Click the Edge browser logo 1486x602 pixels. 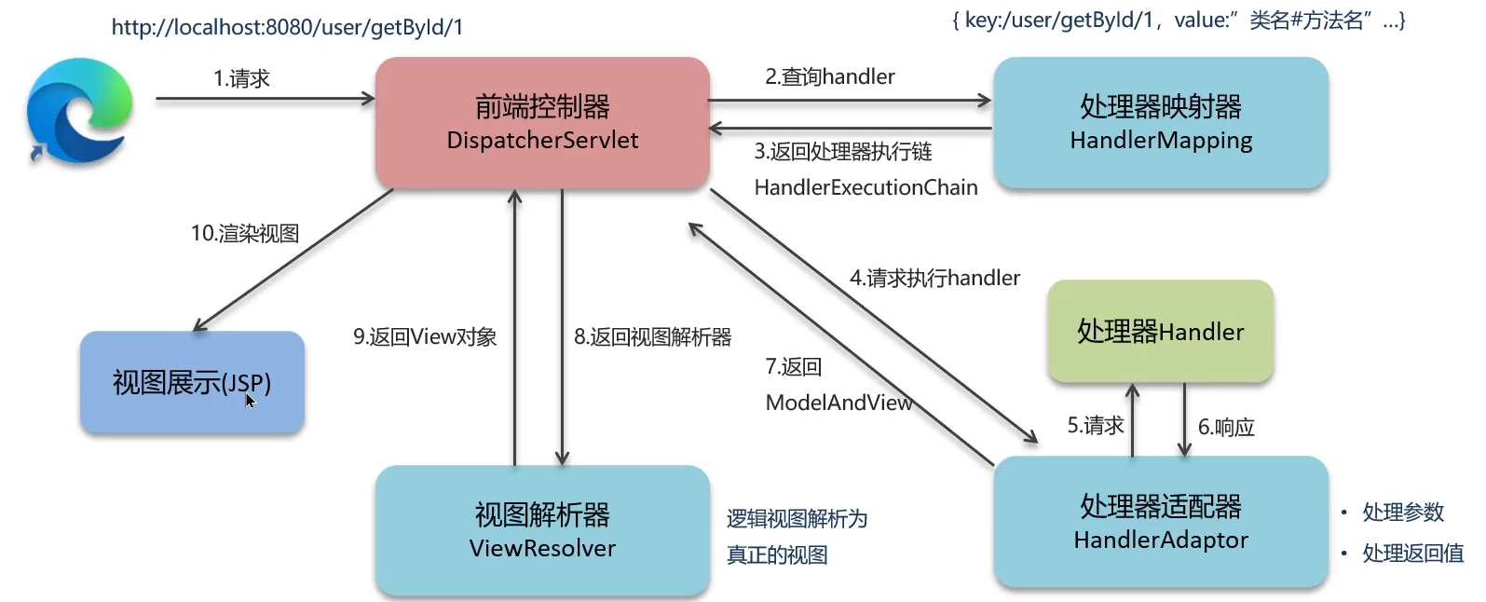[79, 111]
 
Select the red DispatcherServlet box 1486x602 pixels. [542, 123]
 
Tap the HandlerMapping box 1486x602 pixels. [1160, 123]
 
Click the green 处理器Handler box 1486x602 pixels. [1160, 332]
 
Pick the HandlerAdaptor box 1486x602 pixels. [1160, 522]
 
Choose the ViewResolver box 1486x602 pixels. [542, 530]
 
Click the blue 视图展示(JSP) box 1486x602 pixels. [192, 382]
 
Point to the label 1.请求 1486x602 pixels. [241, 79]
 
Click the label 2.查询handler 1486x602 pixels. [829, 77]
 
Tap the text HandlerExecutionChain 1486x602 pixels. [866, 187]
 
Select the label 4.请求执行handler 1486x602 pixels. [934, 278]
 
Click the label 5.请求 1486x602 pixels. [1095, 426]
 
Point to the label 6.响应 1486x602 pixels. [1226, 428]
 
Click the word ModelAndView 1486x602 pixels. [838, 403]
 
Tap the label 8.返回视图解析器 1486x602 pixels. [652, 337]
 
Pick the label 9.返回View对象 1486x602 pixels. [424, 337]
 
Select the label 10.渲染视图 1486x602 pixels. [245, 234]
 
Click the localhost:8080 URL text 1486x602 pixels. [287, 27]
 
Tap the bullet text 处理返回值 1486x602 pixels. [1412, 554]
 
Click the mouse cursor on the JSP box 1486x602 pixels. [250, 401]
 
